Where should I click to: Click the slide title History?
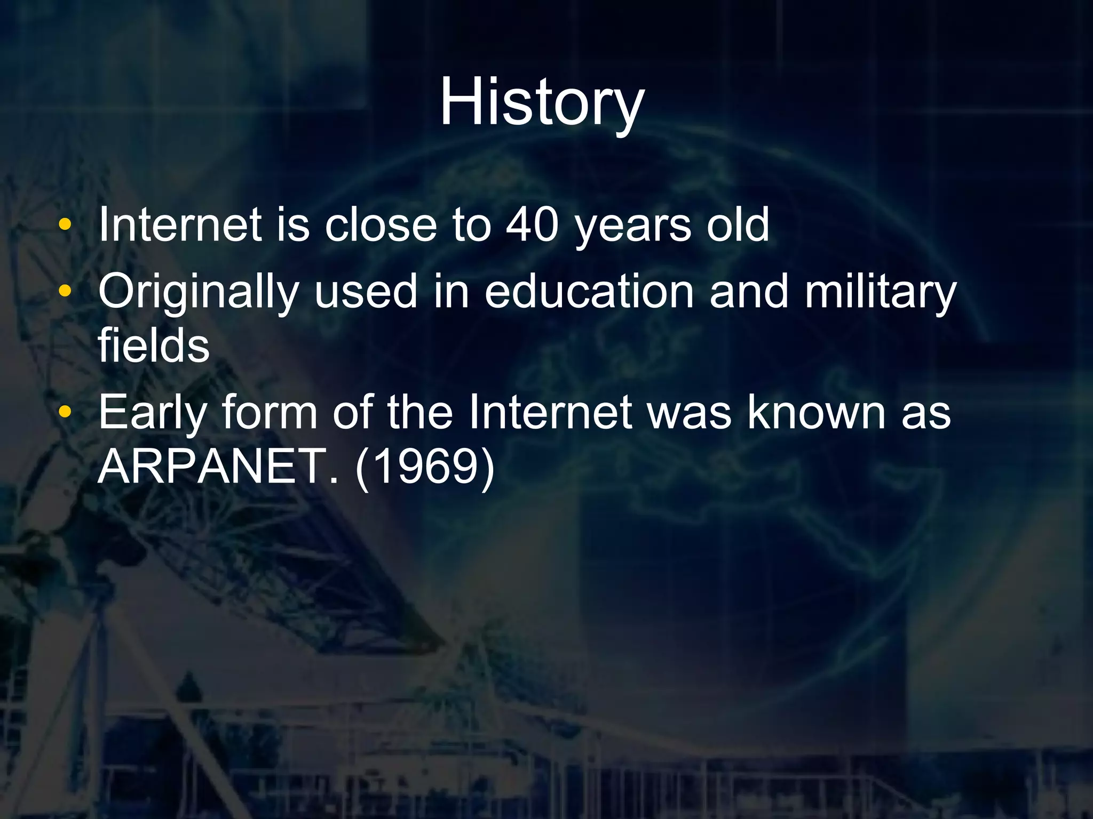pos(542,102)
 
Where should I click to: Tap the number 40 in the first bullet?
pos(532,225)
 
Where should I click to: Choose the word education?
pos(589,292)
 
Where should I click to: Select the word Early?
pos(153,413)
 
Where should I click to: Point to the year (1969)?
pos(425,466)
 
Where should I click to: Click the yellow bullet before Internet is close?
pos(65,225)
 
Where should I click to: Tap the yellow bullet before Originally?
pos(65,292)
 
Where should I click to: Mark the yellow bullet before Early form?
pos(65,412)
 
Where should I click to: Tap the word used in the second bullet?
pos(366,292)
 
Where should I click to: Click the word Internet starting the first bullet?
pos(180,225)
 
